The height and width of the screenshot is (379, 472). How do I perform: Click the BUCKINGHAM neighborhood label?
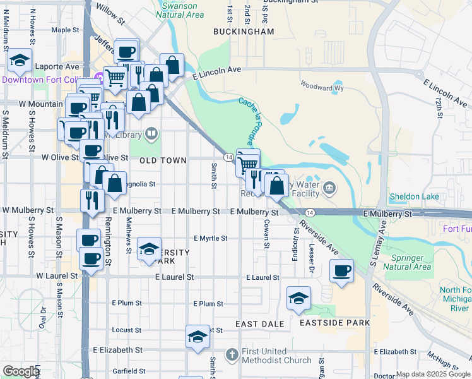(x=244, y=31)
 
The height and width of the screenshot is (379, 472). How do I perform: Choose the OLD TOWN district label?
(x=163, y=160)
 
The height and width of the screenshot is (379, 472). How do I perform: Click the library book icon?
(x=151, y=134)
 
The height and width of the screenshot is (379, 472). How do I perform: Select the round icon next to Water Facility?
(x=329, y=188)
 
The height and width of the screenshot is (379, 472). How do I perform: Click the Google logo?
(x=21, y=371)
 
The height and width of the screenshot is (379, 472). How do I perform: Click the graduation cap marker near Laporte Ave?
(x=20, y=61)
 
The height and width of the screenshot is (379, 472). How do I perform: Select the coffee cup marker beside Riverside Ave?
(x=341, y=272)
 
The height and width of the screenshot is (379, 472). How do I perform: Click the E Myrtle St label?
(x=210, y=238)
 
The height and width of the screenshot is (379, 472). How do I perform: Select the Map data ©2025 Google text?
(x=432, y=374)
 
